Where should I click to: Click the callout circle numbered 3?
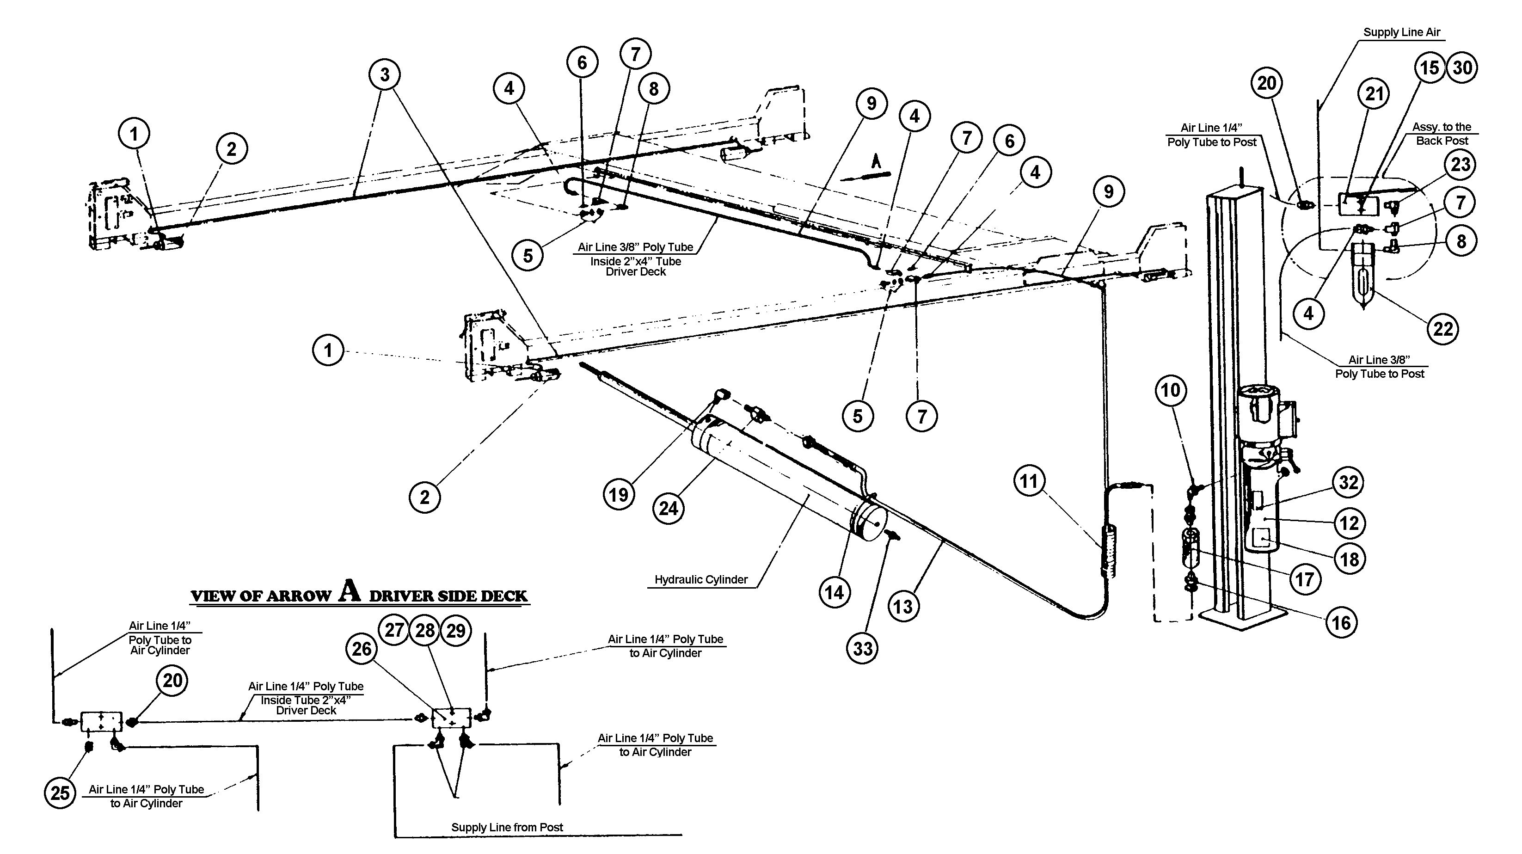(x=385, y=74)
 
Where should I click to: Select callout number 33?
(x=863, y=648)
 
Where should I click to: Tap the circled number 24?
(x=668, y=508)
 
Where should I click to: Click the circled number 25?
(x=60, y=793)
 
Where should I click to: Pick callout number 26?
(x=362, y=648)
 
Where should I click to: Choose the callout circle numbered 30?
(x=1462, y=68)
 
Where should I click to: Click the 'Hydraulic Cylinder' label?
(x=701, y=580)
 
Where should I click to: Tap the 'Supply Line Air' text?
(x=1401, y=32)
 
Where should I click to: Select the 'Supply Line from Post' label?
(x=507, y=827)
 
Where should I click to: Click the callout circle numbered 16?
(x=1341, y=622)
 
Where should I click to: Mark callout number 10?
(x=1171, y=390)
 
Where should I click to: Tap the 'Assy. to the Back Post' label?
(x=1442, y=134)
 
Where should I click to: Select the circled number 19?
(x=619, y=494)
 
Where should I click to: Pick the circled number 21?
(x=1374, y=93)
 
